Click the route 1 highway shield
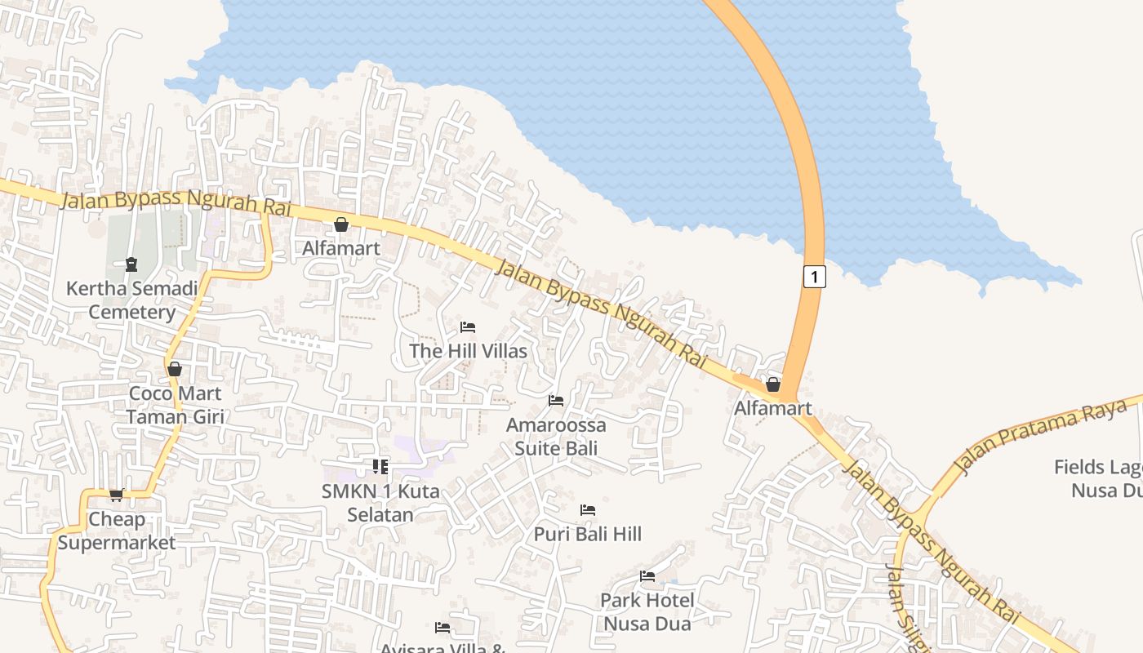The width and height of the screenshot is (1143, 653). click(x=814, y=277)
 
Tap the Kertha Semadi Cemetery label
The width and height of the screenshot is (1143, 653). click(x=131, y=300)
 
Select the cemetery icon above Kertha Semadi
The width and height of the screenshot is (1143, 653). click(x=131, y=264)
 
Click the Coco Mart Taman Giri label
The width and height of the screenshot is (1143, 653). click(x=175, y=405)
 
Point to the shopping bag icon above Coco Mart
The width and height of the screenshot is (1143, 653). click(x=174, y=369)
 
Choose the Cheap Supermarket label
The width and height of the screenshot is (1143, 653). click(x=116, y=531)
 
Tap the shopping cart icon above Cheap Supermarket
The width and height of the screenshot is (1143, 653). click(x=117, y=495)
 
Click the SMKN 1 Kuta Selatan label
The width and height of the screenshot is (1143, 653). click(x=380, y=503)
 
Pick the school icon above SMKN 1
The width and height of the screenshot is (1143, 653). click(x=380, y=466)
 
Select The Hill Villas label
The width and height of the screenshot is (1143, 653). click(x=468, y=351)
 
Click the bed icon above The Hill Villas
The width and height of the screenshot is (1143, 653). click(x=468, y=327)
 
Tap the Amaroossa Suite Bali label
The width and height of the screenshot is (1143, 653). click(x=556, y=436)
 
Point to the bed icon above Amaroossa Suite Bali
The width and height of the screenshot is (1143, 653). click(x=556, y=400)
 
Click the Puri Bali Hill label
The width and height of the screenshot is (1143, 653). click(x=588, y=534)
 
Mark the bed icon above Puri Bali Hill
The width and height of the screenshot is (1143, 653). click(x=588, y=510)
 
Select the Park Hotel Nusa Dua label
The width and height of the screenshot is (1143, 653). click(x=647, y=611)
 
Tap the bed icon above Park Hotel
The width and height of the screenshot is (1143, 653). click(x=647, y=576)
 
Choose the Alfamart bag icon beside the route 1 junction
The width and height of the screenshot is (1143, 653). click(x=773, y=384)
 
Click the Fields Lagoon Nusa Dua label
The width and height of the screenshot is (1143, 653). click(x=1098, y=478)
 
